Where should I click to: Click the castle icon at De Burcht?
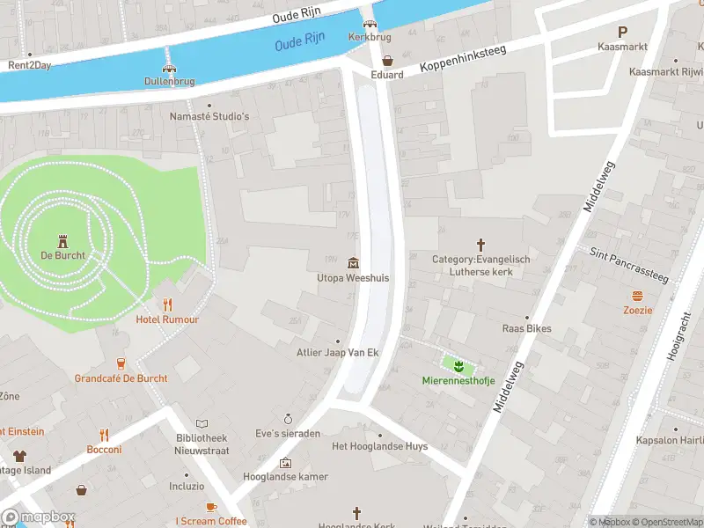pos(62,240)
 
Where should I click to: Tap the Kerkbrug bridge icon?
pos(370,24)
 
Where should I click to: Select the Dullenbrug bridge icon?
pos(169,67)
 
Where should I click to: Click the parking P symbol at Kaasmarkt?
pos(622,31)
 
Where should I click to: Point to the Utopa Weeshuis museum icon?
pos(353,263)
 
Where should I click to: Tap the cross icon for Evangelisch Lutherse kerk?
pos(480,244)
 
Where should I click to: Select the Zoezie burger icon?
pos(637,296)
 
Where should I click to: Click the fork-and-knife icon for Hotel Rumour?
pos(167,304)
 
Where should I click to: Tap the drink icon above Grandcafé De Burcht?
pos(121,363)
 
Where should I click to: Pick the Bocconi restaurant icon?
pos(104,435)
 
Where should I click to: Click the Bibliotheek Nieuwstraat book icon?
pos(202,423)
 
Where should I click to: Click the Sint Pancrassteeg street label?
pos(629,266)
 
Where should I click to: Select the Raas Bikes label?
pos(526,328)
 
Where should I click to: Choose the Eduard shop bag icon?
pos(387,60)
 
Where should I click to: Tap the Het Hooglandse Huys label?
pos(379,446)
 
